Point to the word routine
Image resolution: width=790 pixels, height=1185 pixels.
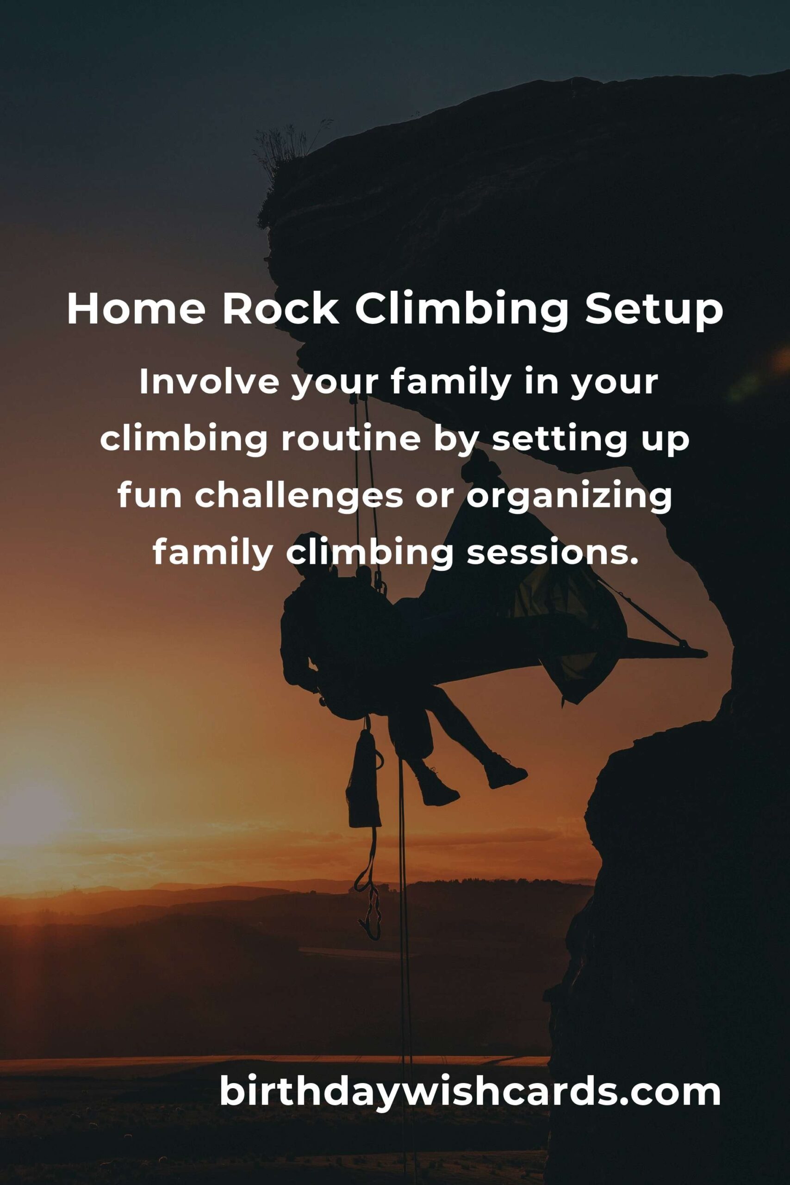click(351, 439)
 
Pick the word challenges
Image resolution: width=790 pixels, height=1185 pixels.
click(299, 496)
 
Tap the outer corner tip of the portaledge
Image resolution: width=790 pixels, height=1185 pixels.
click(706, 654)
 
